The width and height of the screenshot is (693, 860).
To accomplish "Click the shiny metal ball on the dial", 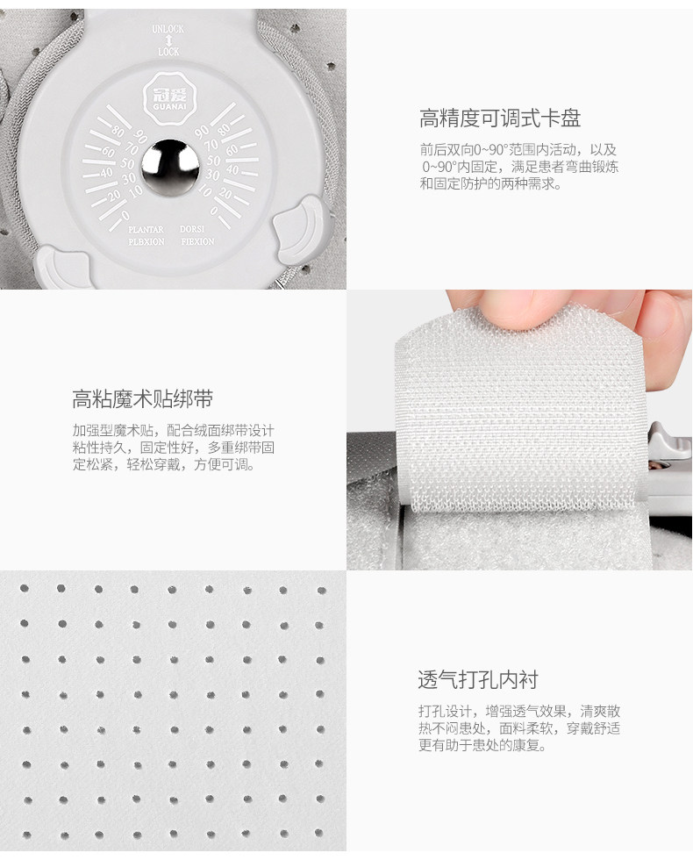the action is (170, 167).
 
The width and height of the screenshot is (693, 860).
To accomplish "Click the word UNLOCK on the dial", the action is (168, 29).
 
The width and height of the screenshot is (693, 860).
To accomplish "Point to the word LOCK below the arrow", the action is (168, 52).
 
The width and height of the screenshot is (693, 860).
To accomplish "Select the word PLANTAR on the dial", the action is (146, 229).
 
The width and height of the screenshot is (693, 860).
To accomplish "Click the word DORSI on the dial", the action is (192, 229).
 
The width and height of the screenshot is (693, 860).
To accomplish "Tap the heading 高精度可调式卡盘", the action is (500, 118).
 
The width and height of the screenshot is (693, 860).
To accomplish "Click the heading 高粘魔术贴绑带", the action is (142, 398).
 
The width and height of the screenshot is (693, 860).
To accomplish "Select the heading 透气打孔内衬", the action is (478, 679).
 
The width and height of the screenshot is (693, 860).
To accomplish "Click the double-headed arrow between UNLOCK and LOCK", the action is (168, 40).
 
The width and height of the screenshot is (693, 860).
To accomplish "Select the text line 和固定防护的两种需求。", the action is (491, 183).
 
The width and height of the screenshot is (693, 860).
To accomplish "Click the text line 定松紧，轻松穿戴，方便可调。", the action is (164, 464).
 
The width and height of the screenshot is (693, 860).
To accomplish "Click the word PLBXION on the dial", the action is (146, 242).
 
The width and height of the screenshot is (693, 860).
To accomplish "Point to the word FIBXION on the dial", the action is (198, 241).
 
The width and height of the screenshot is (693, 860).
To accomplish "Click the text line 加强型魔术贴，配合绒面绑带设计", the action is (174, 431).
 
